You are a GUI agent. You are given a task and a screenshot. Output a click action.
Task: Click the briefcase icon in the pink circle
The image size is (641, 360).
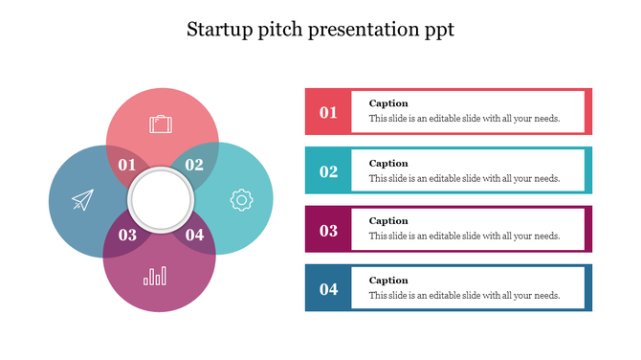tap(161, 124)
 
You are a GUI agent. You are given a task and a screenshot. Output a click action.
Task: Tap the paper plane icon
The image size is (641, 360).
tap(83, 200)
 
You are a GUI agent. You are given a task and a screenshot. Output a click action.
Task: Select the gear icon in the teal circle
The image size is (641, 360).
tap(241, 200)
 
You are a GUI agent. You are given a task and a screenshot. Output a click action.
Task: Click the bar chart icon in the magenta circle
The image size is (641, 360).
tap(154, 277)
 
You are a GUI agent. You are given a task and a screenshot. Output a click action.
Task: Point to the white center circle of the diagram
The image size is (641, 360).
tap(161, 200)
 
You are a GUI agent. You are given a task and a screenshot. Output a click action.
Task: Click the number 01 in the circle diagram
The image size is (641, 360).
tap(127, 165)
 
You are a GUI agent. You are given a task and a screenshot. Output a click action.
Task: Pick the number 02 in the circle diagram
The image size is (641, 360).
tap(194, 165)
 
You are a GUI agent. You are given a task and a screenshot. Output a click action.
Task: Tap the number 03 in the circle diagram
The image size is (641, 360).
tap(127, 235)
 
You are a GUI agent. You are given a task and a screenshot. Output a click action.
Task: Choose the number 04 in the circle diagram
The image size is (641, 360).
tap(194, 235)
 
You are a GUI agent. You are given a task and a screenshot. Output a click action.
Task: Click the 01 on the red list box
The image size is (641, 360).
tap(328, 113)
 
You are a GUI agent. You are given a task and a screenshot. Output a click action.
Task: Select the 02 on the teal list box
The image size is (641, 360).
tap(328, 171)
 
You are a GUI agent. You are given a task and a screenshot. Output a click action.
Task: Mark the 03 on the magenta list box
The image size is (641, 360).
tap(328, 230)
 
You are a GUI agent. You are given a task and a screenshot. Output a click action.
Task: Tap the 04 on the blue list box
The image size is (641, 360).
tap(328, 289)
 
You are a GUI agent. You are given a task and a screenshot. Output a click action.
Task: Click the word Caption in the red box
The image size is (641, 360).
tap(388, 103)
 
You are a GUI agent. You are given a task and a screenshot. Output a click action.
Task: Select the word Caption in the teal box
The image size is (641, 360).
tap(388, 163)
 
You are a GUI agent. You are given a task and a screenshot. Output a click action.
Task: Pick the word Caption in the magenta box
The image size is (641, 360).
tap(388, 221)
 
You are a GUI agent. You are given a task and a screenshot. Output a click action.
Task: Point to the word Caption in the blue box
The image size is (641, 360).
tap(388, 281)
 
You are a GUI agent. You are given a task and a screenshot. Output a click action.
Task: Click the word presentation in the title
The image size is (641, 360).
tap(365, 30)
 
